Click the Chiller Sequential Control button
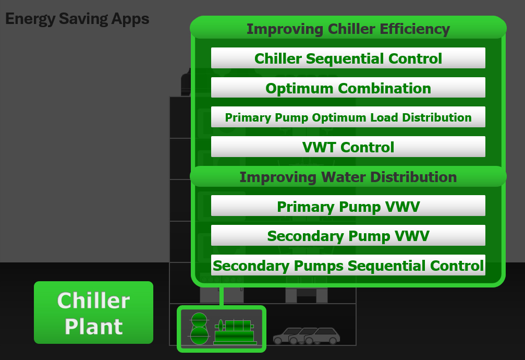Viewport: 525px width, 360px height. point(348,58)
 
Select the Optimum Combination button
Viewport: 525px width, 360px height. point(348,88)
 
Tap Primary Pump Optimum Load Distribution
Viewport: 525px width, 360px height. point(348,117)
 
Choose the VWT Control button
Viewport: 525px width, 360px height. point(348,147)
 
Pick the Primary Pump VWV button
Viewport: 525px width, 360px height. point(348,206)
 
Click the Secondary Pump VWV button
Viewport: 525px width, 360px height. point(348,235)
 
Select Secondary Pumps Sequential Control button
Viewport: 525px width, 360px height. point(348,265)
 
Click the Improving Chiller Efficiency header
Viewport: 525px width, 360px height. point(348,28)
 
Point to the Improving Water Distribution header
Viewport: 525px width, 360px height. point(348,177)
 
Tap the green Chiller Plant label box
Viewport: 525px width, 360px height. point(93,313)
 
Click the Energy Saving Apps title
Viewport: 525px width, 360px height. point(77,19)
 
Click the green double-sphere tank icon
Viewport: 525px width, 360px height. point(199,329)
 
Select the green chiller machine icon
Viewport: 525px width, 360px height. point(235,332)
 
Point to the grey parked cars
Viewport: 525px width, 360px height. point(307,336)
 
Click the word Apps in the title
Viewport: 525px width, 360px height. point(130,19)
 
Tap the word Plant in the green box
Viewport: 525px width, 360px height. point(94,326)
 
